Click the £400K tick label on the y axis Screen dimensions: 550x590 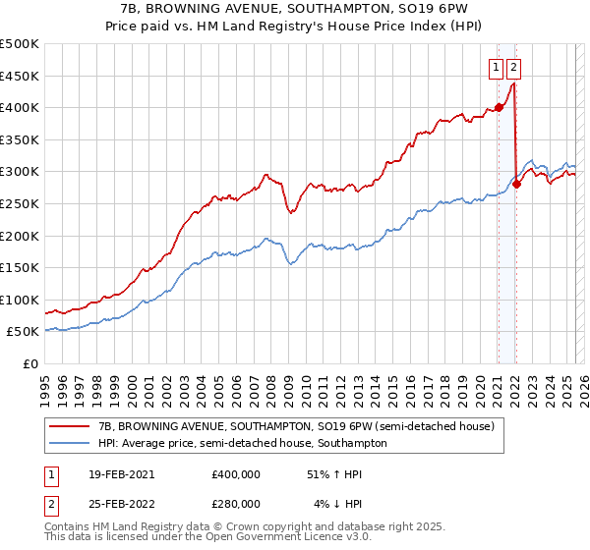click(20, 107)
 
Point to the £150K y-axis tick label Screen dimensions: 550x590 click(20, 267)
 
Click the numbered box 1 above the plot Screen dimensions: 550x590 click(498, 68)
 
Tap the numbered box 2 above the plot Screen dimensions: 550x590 click(514, 68)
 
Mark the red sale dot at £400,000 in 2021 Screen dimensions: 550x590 click(499, 107)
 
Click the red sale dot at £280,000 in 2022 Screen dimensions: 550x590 click(516, 184)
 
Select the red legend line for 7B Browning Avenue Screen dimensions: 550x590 click(70, 425)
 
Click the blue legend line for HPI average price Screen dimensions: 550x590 click(70, 443)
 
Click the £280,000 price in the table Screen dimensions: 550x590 click(235, 503)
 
